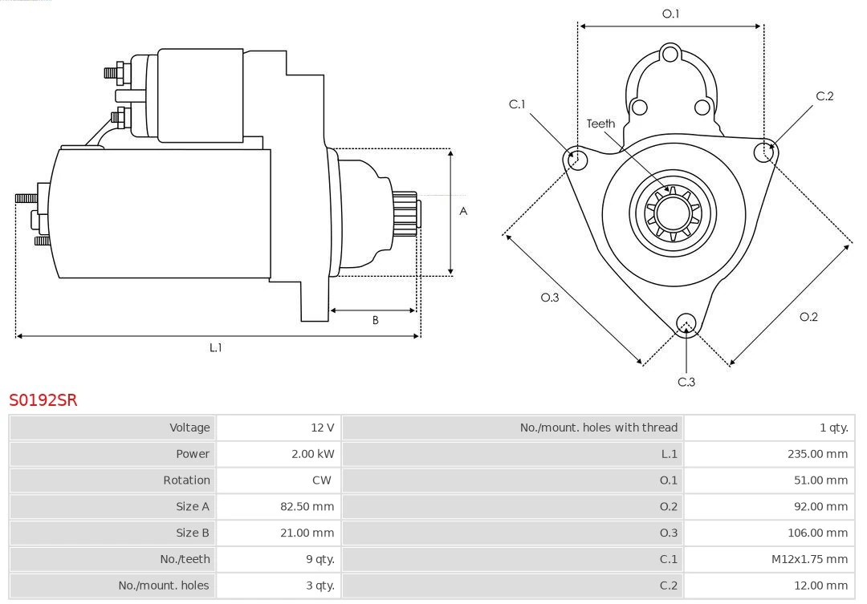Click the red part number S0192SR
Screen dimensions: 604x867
43,399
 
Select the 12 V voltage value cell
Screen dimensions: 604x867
313,428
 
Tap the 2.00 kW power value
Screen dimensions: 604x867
312,454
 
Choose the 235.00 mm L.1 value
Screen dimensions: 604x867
817,454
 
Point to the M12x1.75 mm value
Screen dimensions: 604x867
809,559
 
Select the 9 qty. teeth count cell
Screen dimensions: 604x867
319,559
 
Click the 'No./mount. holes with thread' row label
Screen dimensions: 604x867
598,428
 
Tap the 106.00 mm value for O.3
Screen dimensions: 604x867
817,533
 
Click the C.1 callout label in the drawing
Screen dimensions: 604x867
517,104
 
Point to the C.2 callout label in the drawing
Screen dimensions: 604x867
824,96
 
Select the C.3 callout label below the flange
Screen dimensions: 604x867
686,382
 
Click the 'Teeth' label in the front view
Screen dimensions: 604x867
600,124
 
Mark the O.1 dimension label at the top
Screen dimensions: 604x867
670,14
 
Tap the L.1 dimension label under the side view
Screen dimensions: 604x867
215,347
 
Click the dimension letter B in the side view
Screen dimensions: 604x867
375,320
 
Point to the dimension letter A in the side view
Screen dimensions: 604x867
463,211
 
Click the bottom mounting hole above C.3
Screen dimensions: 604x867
686,323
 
